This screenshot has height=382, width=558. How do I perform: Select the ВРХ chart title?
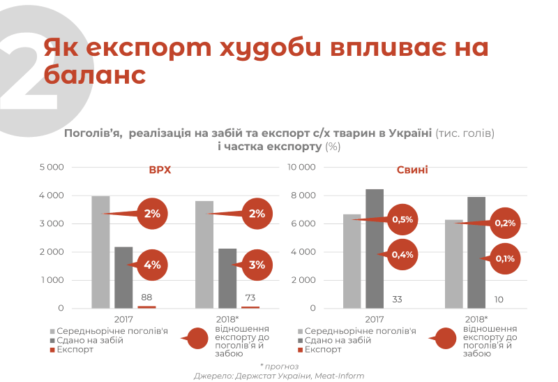point(159,170)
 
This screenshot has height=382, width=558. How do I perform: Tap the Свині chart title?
point(412,170)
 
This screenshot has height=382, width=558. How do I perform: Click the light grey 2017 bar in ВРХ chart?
point(100,251)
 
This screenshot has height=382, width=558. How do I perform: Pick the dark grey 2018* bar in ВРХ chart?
point(227,278)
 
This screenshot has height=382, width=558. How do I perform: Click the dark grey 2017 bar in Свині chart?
point(375,248)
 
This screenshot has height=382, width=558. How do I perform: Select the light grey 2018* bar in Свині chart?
point(453,263)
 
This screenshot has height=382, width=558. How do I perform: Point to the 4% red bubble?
point(153,265)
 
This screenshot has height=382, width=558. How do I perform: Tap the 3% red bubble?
point(257,265)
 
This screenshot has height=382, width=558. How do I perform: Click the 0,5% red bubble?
point(403,219)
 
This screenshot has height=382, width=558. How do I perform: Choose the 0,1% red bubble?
point(505,258)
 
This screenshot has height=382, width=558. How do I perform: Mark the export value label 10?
point(499,299)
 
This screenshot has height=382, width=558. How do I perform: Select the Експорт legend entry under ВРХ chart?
point(75,349)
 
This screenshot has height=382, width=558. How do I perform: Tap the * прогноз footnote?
point(279,365)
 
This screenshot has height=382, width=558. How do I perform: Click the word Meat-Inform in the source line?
point(339,376)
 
